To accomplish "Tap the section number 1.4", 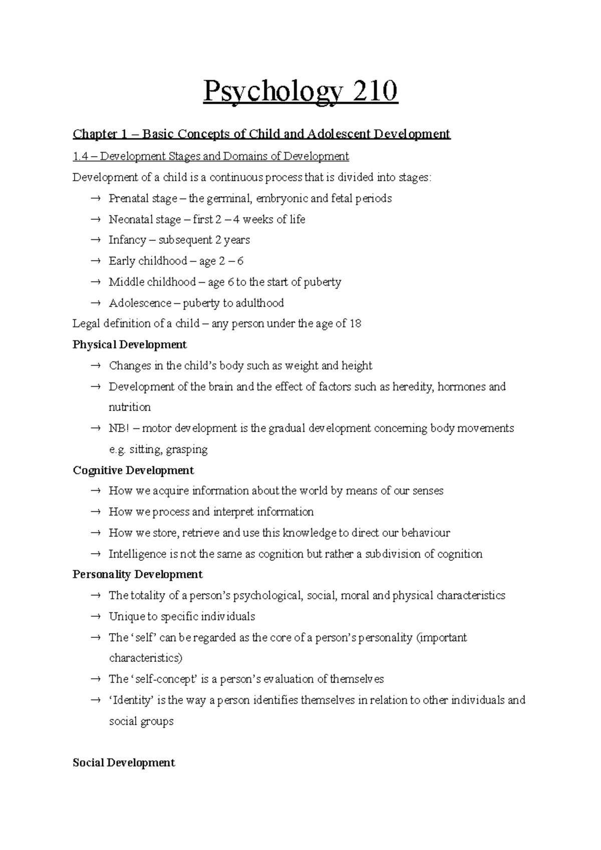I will coord(80,157).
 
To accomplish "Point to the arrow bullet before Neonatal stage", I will coord(96,220).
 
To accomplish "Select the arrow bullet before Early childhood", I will coord(96,261).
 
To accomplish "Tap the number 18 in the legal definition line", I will coord(355,324).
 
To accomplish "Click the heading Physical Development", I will coord(130,345).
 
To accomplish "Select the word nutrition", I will coord(130,407).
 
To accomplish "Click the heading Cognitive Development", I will coord(133,471).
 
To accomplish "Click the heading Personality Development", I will coord(138,575).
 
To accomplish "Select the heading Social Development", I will coord(124,763).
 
